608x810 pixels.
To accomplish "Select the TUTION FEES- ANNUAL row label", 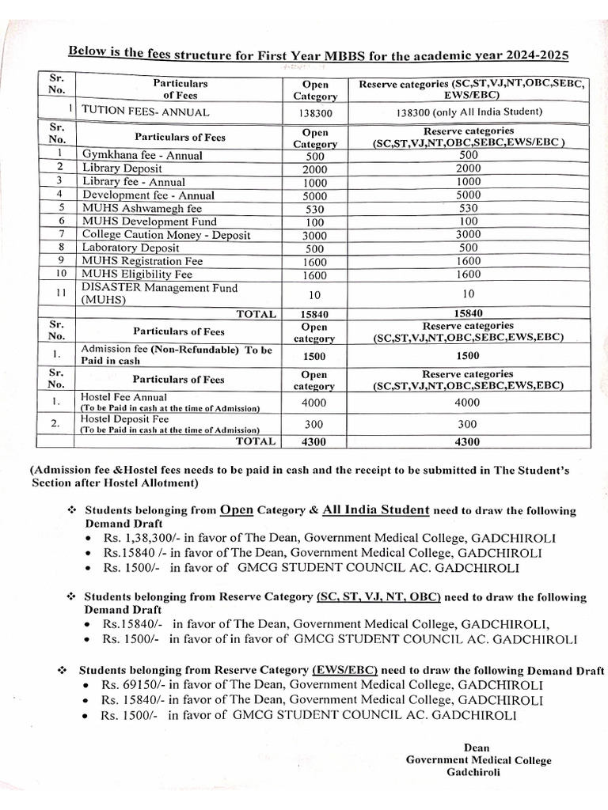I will pos(146,112).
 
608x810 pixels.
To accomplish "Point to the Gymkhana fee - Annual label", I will pos(142,155).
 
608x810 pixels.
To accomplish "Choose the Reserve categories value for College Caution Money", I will pos(468,234).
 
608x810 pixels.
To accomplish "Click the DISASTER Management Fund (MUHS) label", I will pos(158,293).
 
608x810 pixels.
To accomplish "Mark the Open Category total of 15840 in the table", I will pos(315,314).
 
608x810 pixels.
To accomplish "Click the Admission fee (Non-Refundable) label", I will pos(176,354).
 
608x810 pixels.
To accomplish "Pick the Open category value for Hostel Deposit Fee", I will pos(315,424).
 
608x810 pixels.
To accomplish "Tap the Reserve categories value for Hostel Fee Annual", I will pos(468,402).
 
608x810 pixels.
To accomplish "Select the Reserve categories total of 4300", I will pos(468,442).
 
